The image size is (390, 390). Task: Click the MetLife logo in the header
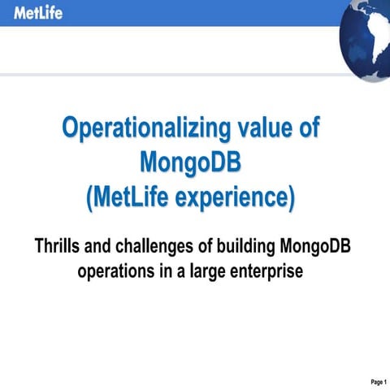(x=37, y=13)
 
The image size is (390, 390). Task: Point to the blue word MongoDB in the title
(x=192, y=162)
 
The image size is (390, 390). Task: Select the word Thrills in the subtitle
(x=58, y=245)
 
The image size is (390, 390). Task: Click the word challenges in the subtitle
(x=162, y=245)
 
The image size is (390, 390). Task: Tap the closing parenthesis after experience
(x=291, y=197)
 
